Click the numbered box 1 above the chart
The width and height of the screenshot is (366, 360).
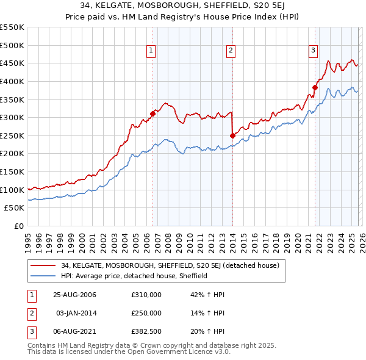(151, 51)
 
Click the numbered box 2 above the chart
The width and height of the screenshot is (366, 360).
(231, 51)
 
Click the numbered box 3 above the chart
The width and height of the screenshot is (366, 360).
(313, 51)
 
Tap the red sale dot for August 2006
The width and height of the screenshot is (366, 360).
(153, 113)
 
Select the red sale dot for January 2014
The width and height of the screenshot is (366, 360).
(232, 135)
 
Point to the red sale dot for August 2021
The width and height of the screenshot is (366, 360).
(315, 87)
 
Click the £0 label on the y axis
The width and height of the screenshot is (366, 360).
(18, 226)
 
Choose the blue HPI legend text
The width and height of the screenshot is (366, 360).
(135, 276)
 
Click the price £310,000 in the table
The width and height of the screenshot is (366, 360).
(146, 295)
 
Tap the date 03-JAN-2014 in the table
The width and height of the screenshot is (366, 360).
(76, 313)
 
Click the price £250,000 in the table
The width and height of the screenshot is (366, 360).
(146, 313)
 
